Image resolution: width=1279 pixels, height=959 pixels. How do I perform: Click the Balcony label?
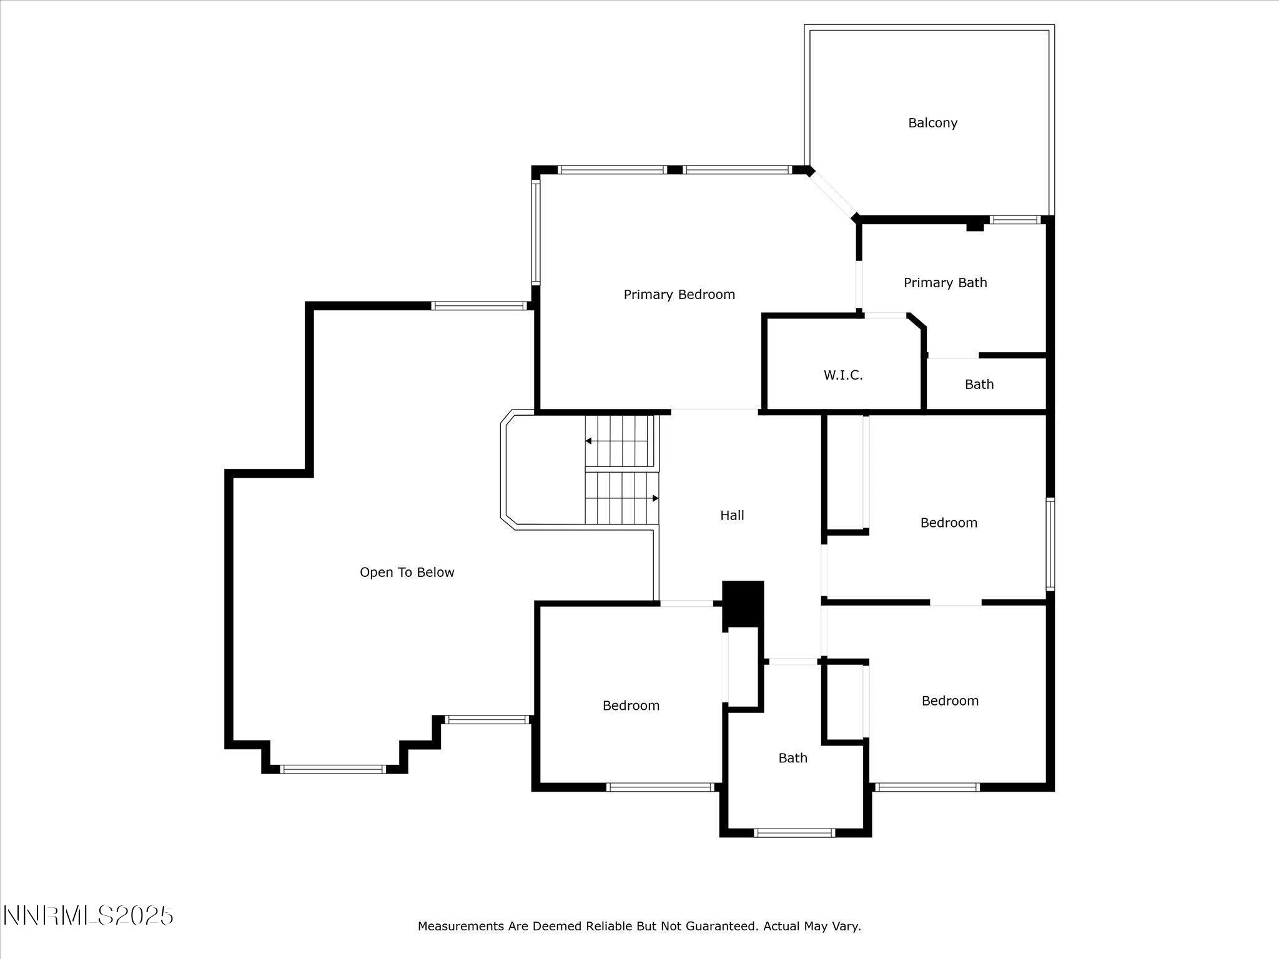click(932, 123)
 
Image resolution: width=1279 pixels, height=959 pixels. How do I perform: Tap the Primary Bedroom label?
click(679, 295)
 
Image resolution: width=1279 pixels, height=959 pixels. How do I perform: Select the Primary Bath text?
click(945, 283)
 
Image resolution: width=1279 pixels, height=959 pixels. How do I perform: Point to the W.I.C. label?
click(842, 375)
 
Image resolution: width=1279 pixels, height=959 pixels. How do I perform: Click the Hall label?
click(732, 516)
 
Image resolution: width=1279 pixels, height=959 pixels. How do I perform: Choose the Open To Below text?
click(407, 573)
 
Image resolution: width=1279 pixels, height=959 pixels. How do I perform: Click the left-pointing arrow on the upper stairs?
click(589, 441)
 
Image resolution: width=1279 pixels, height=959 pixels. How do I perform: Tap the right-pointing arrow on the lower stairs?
click(655, 498)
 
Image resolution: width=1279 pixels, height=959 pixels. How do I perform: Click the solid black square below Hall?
click(743, 603)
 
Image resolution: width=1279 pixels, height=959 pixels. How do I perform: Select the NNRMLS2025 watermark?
click(88, 916)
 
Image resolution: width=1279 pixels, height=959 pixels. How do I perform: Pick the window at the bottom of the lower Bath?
click(794, 832)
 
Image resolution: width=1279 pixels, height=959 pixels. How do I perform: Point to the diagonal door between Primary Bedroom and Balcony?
click(833, 194)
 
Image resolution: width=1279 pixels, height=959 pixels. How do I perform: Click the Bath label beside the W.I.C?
click(979, 385)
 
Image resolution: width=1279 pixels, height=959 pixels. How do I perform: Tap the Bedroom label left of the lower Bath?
click(631, 706)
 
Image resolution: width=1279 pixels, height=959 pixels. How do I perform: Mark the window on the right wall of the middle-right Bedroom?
click(1050, 544)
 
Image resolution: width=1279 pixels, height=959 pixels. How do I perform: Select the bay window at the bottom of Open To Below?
click(333, 769)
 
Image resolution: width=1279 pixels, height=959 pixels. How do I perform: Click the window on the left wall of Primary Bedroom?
click(535, 232)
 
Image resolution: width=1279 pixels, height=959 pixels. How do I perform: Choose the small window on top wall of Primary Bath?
click(1015, 219)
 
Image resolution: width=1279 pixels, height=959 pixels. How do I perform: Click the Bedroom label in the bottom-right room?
click(949, 701)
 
